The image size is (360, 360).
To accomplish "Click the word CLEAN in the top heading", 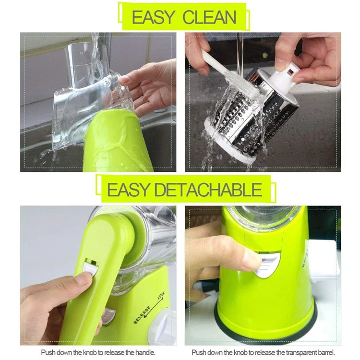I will click(x=209, y=17).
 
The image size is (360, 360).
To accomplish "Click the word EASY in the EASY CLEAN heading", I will click(x=152, y=17).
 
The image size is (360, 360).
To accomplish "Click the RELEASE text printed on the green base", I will click(x=142, y=314).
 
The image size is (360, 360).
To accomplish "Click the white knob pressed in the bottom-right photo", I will click(x=267, y=265).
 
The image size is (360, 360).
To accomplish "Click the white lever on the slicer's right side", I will click(x=322, y=259).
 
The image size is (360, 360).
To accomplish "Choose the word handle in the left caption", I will click(x=144, y=352).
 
